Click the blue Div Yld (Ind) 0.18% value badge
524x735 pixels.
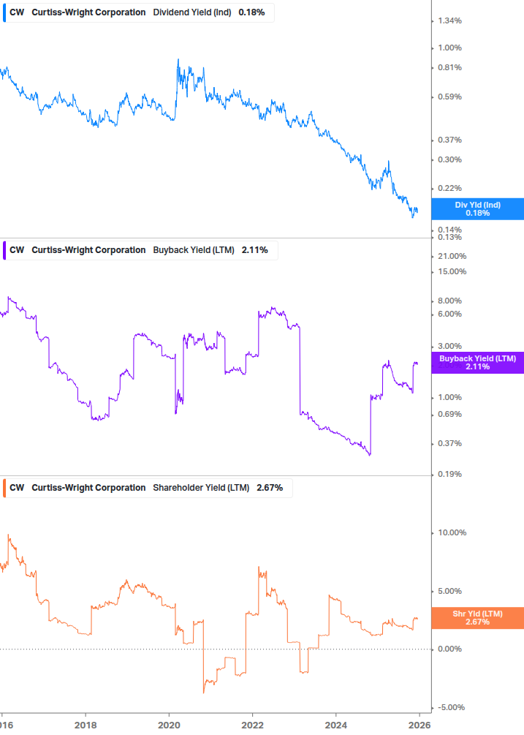click(477, 209)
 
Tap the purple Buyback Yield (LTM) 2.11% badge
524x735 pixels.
click(477, 363)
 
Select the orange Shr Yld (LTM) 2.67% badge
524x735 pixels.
click(477, 618)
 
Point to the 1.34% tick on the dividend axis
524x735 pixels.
click(449, 20)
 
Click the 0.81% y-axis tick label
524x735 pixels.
click(449, 67)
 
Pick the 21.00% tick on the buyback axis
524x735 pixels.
click(451, 256)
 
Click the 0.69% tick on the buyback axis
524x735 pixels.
click(449, 415)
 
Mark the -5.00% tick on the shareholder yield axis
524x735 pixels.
click(451, 707)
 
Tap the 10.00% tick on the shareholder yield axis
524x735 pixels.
click(451, 532)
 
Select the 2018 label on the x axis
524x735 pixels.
click(86, 725)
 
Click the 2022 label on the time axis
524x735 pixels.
click(252, 725)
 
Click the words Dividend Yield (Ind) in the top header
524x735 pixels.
click(193, 12)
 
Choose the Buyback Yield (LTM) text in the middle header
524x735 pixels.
click(193, 250)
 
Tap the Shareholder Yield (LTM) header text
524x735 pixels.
click(201, 488)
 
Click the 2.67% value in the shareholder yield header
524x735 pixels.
click(269, 488)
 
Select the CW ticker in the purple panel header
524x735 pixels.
click(17, 250)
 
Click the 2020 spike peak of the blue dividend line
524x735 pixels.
click(178, 60)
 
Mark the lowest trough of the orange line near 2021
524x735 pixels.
click(204, 692)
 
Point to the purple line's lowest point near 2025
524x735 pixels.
click(369, 455)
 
